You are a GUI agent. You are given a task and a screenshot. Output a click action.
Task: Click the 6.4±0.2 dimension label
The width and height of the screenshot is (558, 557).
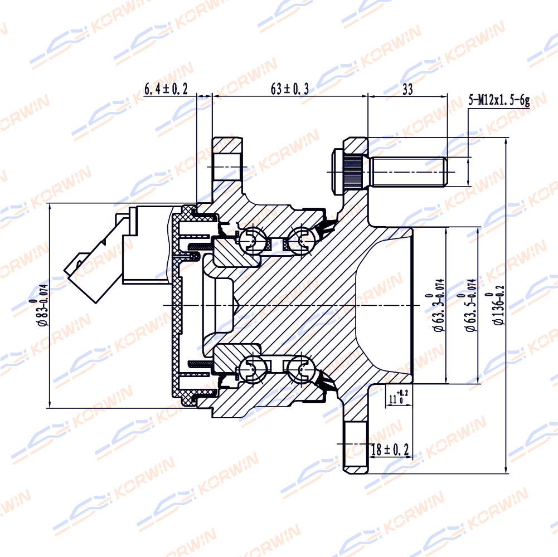click(166, 89)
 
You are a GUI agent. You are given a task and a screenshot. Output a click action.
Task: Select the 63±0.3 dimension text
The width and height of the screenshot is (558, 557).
click(289, 89)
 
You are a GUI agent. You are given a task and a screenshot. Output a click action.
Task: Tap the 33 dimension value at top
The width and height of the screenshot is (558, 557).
click(407, 89)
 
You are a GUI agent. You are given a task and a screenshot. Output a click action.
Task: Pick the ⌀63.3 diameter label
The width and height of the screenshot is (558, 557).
click(436, 305)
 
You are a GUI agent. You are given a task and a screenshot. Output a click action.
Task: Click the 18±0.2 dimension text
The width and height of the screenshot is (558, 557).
click(390, 449)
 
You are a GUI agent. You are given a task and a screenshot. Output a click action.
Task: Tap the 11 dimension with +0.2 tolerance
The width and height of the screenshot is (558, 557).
click(399, 397)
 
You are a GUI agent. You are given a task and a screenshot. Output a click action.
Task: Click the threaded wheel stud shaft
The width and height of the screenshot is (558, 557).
click(409, 172)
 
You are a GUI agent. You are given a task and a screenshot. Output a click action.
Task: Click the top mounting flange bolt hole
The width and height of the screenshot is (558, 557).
click(227, 167)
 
